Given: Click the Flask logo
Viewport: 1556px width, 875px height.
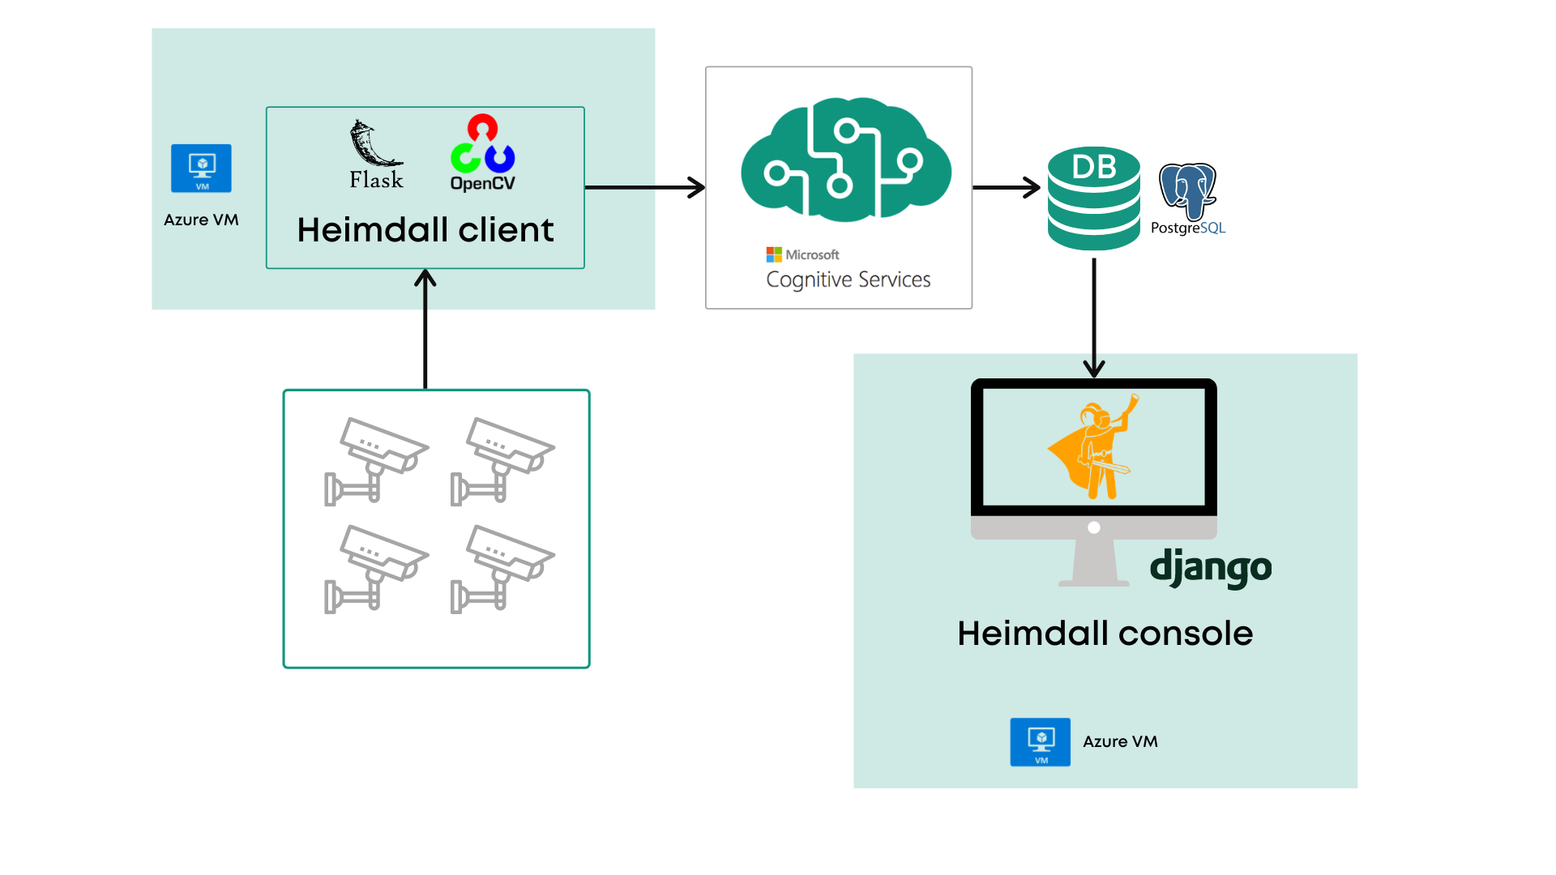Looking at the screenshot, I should (375, 154).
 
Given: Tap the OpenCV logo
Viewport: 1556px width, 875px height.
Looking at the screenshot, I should (482, 152).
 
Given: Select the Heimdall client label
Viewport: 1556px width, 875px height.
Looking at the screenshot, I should (425, 230).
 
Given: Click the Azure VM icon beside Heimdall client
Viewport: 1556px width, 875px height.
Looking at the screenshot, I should (201, 169).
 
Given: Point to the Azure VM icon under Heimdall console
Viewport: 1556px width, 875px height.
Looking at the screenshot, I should (1040, 741).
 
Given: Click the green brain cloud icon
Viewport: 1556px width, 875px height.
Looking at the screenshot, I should (845, 160).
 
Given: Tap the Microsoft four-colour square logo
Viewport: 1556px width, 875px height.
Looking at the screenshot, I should (774, 254).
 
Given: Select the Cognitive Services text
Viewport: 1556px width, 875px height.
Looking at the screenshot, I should (848, 280).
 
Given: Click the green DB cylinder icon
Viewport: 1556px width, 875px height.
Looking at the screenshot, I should (1093, 198).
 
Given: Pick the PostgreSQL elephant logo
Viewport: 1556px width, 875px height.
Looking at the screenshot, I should (1187, 191).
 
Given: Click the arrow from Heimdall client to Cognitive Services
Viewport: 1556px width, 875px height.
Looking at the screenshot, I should (644, 187).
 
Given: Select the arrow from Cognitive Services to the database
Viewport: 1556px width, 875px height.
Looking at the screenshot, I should (1006, 187).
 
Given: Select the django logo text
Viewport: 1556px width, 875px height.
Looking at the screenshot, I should (1211, 568).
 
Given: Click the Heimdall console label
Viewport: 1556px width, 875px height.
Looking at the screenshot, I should (1105, 634).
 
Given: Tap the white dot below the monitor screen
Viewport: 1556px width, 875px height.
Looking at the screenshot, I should (1094, 527).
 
